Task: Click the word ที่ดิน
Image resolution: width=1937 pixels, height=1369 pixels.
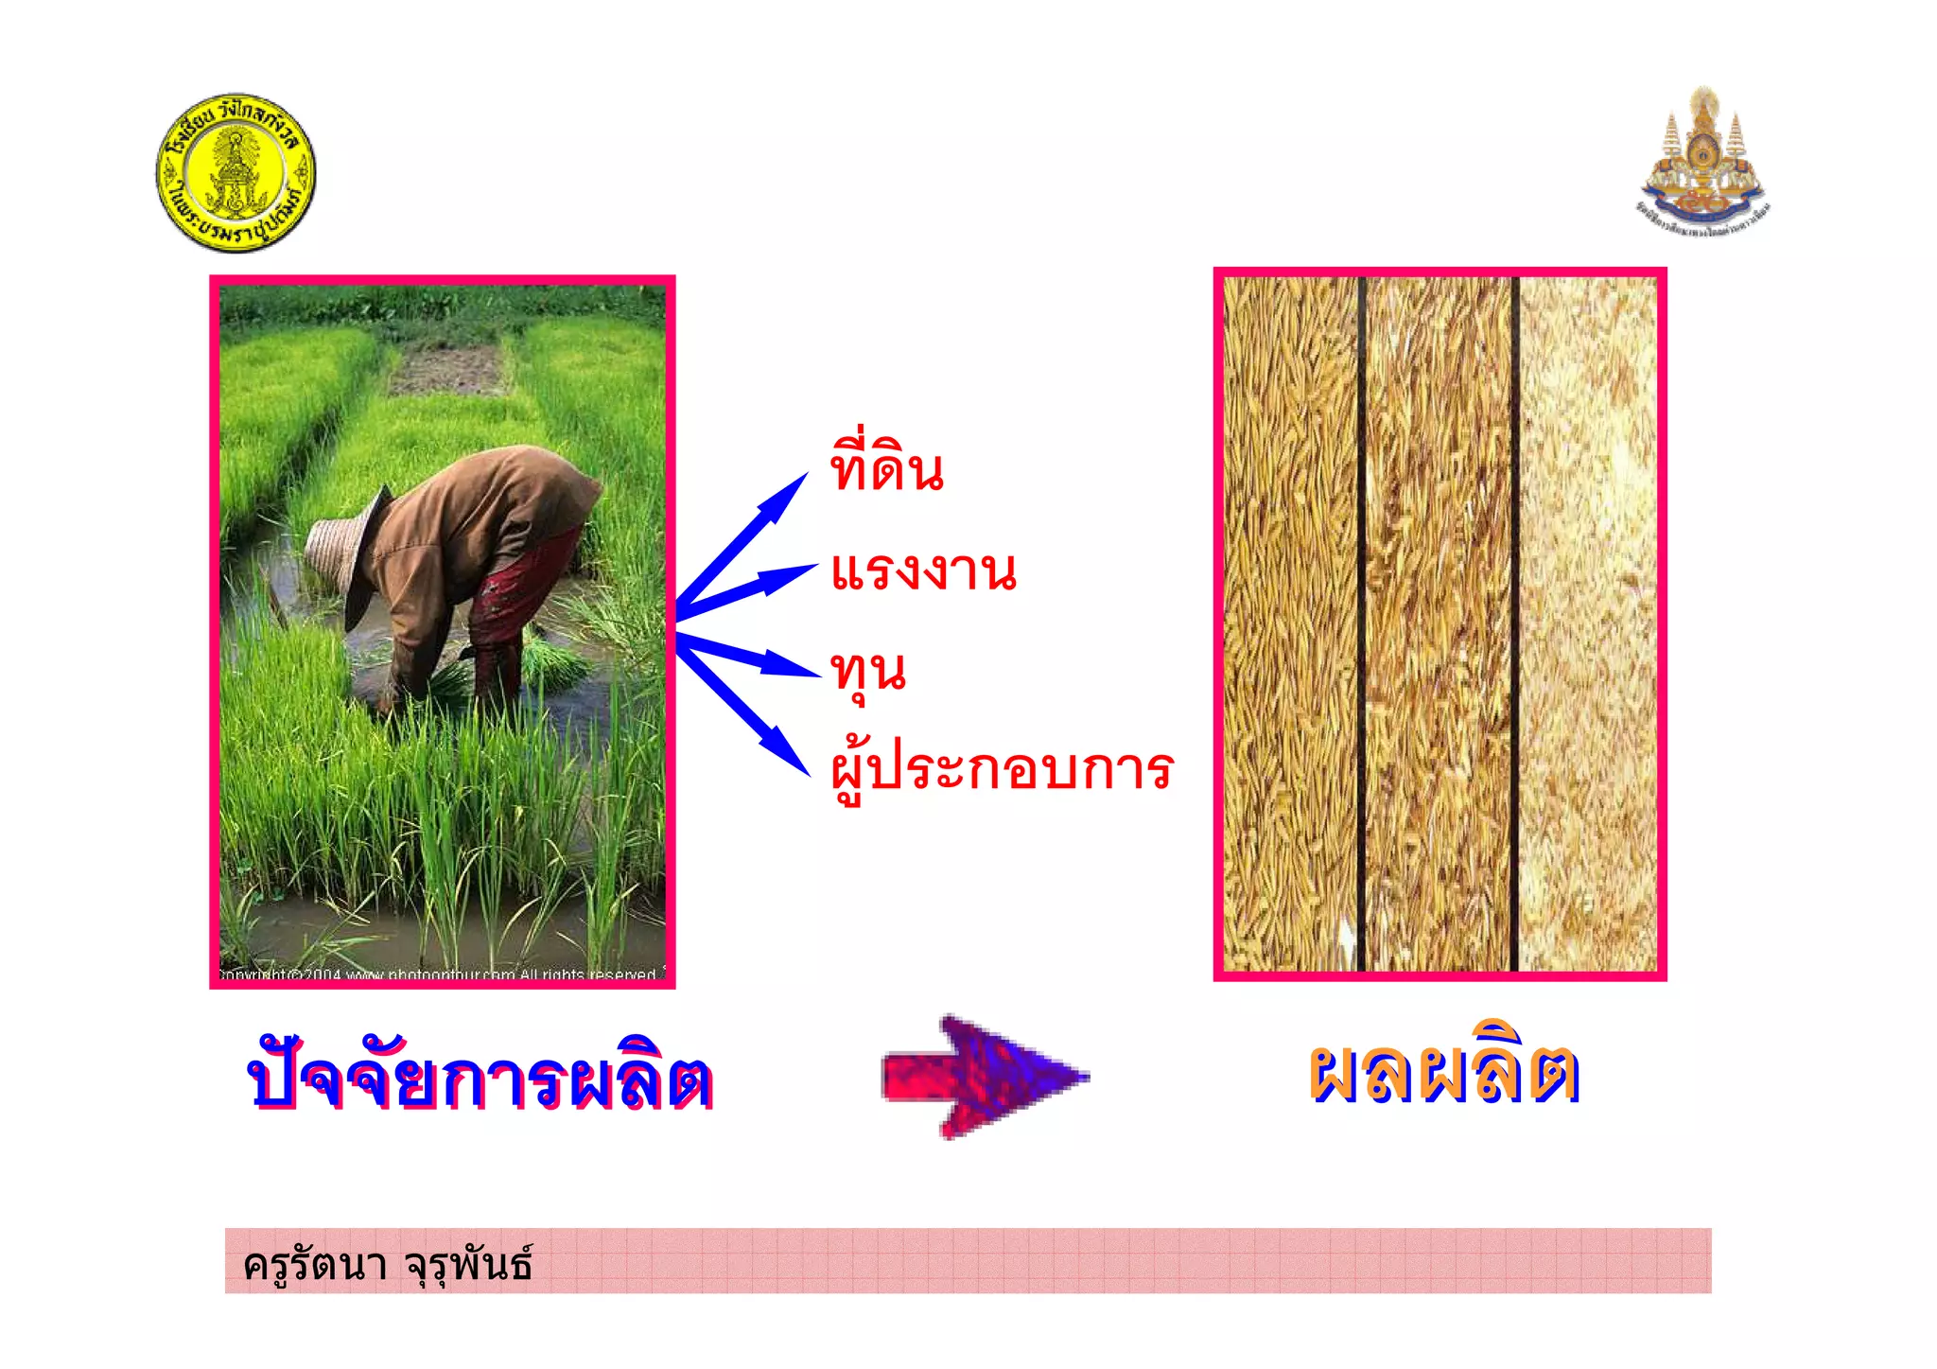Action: [886, 468]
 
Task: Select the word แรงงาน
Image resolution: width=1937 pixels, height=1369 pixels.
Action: [923, 570]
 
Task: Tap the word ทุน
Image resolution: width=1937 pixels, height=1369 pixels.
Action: [868, 672]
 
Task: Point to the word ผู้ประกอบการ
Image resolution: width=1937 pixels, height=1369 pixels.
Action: [1002, 770]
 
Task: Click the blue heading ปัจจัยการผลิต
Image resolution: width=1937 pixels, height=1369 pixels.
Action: [480, 1080]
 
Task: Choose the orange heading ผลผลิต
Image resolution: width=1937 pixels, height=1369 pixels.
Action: [1444, 1075]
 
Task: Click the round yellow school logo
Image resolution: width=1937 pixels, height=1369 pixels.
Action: [236, 173]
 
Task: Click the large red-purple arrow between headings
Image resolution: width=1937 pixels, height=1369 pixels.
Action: [984, 1077]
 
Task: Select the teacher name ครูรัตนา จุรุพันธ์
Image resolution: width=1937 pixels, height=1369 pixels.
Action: [388, 1264]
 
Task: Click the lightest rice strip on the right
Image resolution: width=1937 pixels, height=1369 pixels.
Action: [1587, 624]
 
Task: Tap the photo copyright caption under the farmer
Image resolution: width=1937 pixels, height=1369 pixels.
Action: [440, 974]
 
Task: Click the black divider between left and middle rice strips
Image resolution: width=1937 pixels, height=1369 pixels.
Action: [1362, 624]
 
